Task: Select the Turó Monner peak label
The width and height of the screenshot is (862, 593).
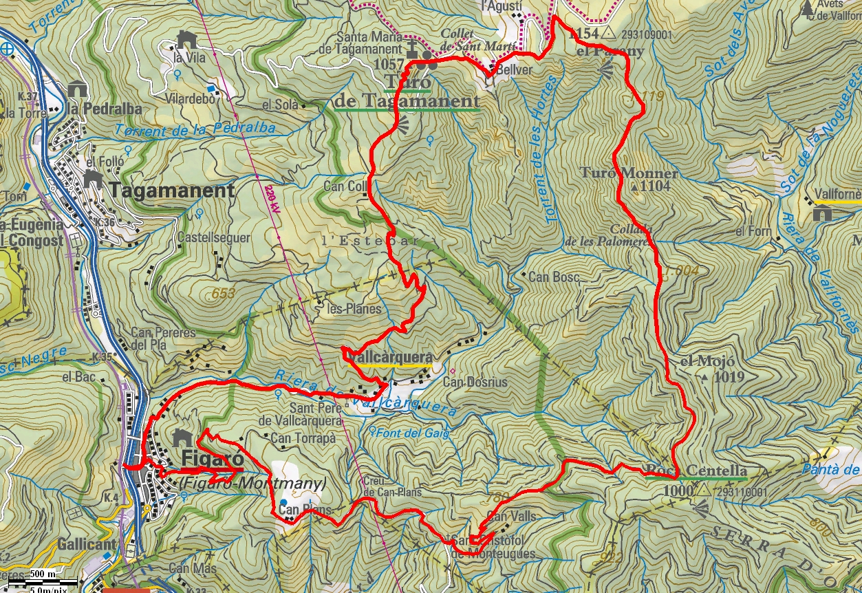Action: pyautogui.click(x=629, y=173)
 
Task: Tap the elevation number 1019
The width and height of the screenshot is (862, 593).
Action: pyautogui.click(x=729, y=377)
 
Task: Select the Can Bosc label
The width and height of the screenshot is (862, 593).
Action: pyautogui.click(x=554, y=277)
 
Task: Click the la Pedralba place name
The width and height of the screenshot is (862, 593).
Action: pyautogui.click(x=105, y=109)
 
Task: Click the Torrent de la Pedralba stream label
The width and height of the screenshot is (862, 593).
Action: pyautogui.click(x=195, y=129)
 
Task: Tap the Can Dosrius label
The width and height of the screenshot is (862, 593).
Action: pyautogui.click(x=475, y=382)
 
